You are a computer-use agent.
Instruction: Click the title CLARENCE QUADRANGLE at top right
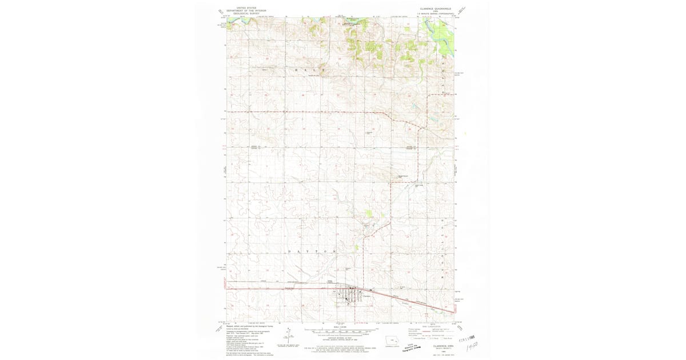tap(436, 9)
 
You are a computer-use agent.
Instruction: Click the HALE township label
tap(309, 69)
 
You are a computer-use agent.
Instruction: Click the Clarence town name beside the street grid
tap(367, 295)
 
